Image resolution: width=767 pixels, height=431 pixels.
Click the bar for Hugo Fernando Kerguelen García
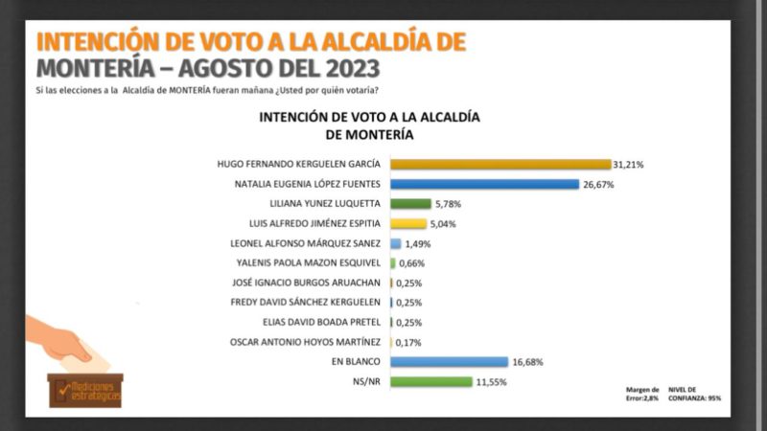pos(500,165)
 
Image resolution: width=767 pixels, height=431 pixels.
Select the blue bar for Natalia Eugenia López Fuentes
pos(484,184)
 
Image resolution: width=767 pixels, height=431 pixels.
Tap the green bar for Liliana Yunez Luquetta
pos(410,204)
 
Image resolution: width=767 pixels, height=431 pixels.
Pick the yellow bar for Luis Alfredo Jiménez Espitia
pos(407,224)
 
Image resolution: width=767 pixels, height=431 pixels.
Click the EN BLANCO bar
pos(449,361)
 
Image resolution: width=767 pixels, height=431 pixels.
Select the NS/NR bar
pos(431,381)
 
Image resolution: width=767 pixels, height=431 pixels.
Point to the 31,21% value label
pos(629,165)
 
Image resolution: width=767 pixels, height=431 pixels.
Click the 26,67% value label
pos(597,184)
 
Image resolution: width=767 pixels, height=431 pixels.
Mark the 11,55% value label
pos(491,381)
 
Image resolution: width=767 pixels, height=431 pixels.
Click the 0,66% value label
pos(412,263)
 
